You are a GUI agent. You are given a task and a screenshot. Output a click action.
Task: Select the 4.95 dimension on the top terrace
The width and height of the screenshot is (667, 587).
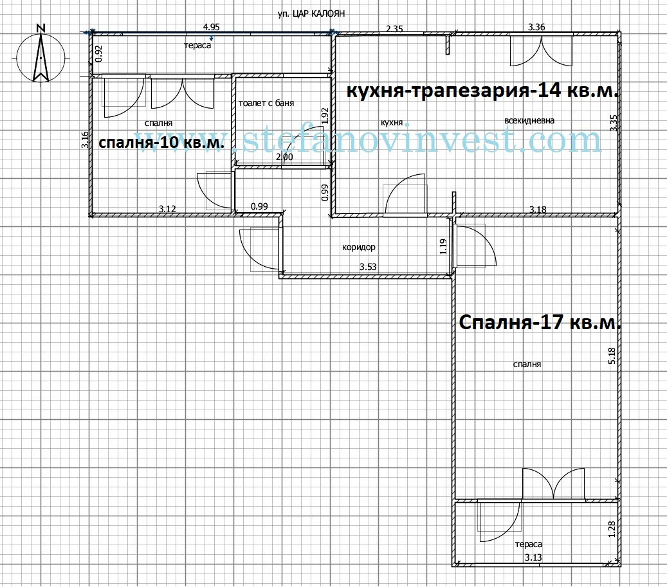pyautogui.click(x=212, y=27)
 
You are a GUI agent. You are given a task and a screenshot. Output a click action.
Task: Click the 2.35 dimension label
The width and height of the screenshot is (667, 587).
pyautogui.click(x=394, y=28)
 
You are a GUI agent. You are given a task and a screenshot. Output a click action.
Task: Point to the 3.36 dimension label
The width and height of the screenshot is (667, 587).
pyautogui.click(x=536, y=27)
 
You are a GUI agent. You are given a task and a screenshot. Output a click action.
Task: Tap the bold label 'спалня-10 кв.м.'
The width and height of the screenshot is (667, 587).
pyautogui.click(x=161, y=143)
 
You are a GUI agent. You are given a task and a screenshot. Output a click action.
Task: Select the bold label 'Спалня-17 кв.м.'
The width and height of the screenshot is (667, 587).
pyautogui.click(x=540, y=322)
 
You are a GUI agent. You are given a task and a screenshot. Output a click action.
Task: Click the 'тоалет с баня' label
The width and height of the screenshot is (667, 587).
pyautogui.click(x=266, y=103)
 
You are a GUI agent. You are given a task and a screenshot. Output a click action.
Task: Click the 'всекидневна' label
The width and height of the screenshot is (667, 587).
pyautogui.click(x=529, y=120)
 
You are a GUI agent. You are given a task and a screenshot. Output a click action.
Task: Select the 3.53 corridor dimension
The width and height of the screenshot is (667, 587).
pyautogui.click(x=368, y=266)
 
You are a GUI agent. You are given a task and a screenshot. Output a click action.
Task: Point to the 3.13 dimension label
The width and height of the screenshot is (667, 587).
pyautogui.click(x=533, y=557)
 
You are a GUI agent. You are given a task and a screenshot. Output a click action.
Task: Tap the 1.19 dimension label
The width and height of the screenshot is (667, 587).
pyautogui.click(x=443, y=248)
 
